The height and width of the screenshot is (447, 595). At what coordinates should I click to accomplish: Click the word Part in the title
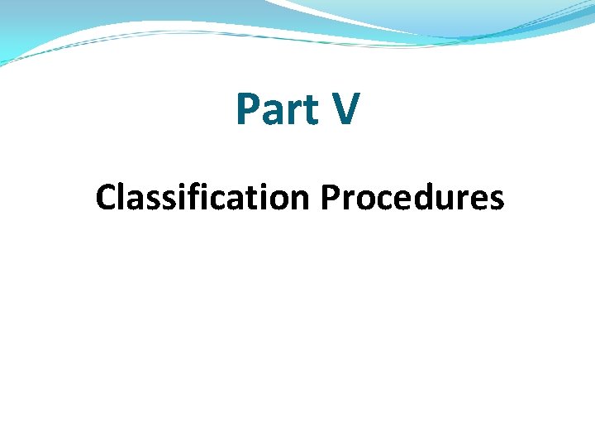276,110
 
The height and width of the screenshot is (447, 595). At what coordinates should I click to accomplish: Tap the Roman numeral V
344,110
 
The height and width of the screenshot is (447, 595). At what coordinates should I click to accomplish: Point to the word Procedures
412,198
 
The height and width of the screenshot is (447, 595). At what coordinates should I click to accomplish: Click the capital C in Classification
105,198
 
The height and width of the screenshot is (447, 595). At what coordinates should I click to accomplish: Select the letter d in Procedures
424,198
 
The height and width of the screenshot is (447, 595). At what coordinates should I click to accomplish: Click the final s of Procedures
496,201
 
